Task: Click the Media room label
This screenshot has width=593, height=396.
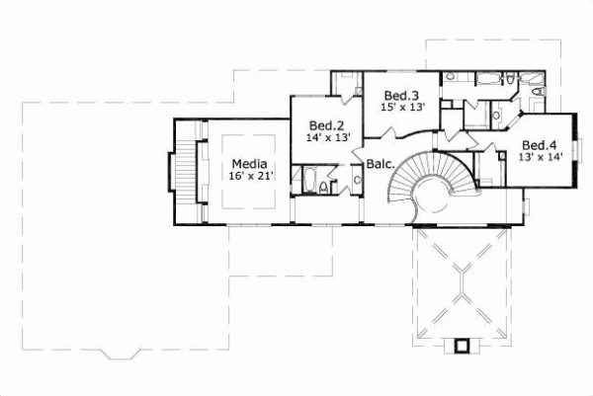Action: point(248,163)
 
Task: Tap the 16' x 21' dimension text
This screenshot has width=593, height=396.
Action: point(250,176)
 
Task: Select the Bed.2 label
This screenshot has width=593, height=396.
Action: point(325,125)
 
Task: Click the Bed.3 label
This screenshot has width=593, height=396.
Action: point(399,95)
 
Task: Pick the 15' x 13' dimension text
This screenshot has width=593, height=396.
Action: point(402,108)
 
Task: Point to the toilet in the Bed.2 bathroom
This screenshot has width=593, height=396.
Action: point(331,184)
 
